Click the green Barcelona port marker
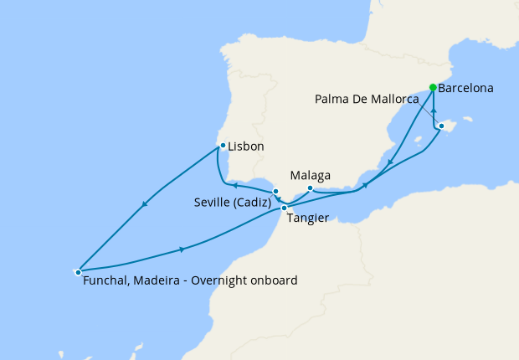pyautogui.click(x=433, y=87)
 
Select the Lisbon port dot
pyautogui.click(x=222, y=146)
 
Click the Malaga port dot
pyautogui.click(x=310, y=188)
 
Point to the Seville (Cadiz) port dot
pyautogui.click(x=275, y=192)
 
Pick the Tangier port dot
pyautogui.click(x=285, y=208)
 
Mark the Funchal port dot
pyautogui.click(x=78, y=271)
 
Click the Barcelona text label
pyautogui.click(x=465, y=88)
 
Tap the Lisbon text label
pyautogui.click(x=246, y=147)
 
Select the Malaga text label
pyautogui.click(x=310, y=176)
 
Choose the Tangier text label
pyautogui.click(x=306, y=219)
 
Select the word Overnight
pyautogui.click(x=219, y=280)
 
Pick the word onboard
pyautogui.click(x=273, y=280)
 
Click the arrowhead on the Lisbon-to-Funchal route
pyautogui.click(x=147, y=205)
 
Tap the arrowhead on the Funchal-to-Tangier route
pyautogui.click(x=182, y=249)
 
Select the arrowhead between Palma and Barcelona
pyautogui.click(x=434, y=111)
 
